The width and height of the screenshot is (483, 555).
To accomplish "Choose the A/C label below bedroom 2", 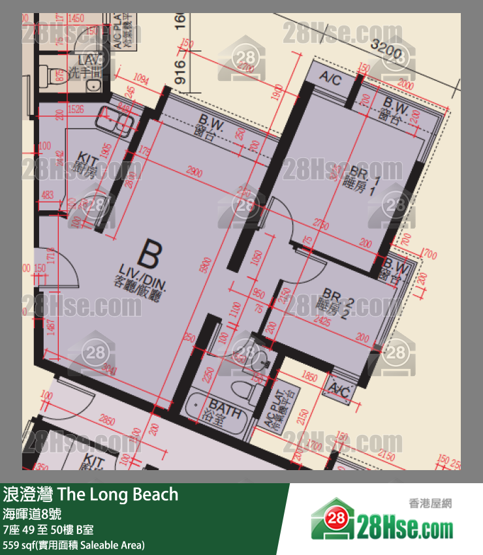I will (x=339, y=390).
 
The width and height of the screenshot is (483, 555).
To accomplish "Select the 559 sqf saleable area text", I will (x=74, y=544).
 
